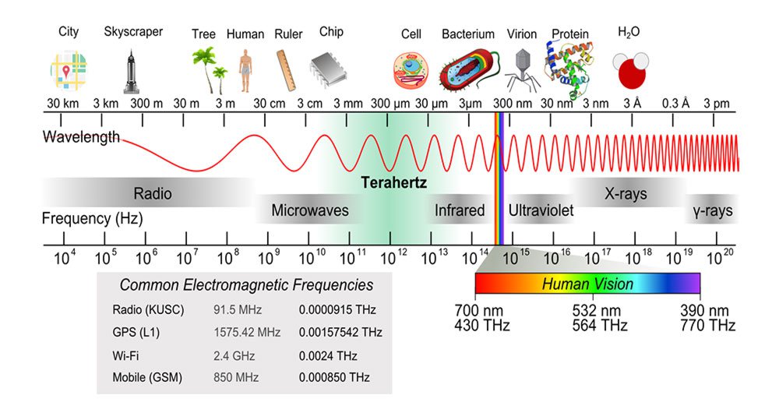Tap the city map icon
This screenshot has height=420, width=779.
coord(68,69)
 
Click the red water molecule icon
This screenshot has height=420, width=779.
coord(629,71)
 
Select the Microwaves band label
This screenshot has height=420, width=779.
coord(310,210)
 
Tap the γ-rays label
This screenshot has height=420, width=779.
coord(713,210)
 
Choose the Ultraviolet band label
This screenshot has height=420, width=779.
coord(541,210)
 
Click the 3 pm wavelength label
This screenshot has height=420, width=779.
coord(716,103)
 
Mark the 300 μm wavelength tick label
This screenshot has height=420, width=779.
coord(390,103)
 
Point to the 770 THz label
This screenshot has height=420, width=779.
coord(707,325)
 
